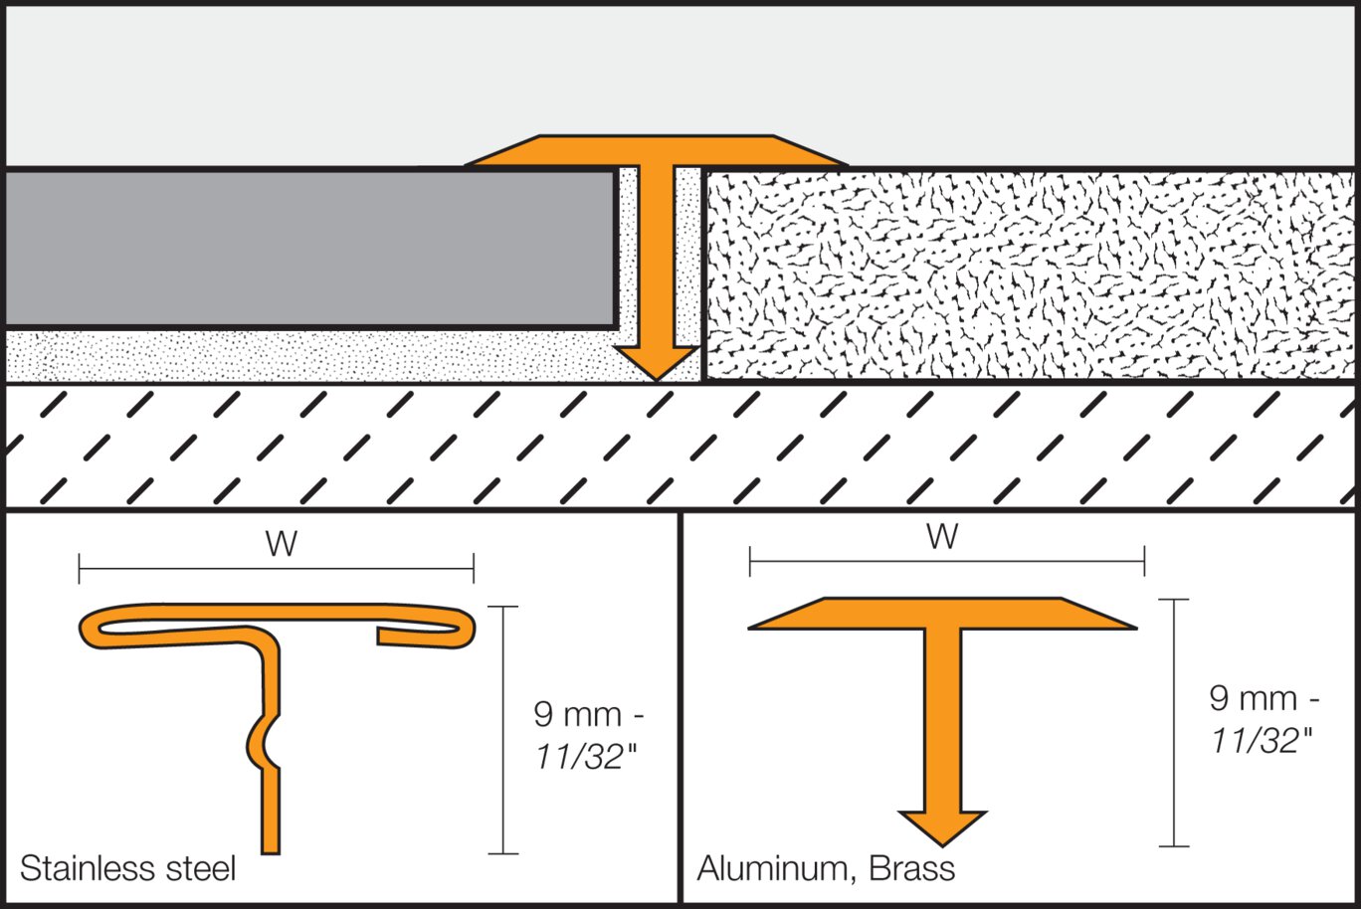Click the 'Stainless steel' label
(127, 868)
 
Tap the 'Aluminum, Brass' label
(826, 868)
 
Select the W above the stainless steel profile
(282, 544)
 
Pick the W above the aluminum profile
(942, 537)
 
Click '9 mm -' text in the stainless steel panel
(589, 714)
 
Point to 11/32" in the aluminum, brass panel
(1261, 740)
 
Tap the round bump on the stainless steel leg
(261, 740)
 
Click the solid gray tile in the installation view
(308, 249)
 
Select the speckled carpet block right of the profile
(1025, 274)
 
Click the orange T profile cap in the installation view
(656, 150)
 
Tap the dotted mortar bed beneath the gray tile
(298, 356)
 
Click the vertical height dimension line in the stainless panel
(503, 730)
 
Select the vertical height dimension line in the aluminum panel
(1174, 723)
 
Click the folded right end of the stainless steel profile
(462, 628)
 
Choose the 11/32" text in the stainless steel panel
(585, 757)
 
